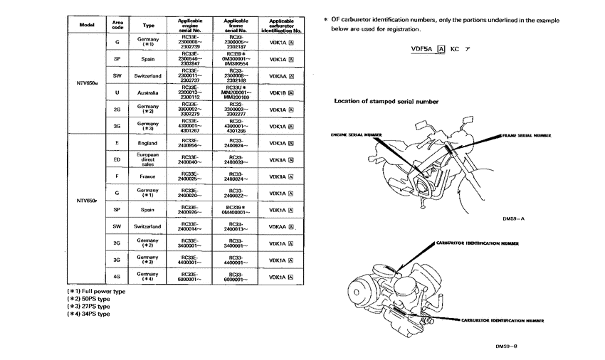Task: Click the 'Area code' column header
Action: (x=117, y=26)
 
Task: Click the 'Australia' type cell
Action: (x=148, y=92)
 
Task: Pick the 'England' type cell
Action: (x=148, y=142)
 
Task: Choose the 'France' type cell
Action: (x=148, y=176)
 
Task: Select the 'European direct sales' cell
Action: (x=148, y=159)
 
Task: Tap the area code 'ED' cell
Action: (x=117, y=159)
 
